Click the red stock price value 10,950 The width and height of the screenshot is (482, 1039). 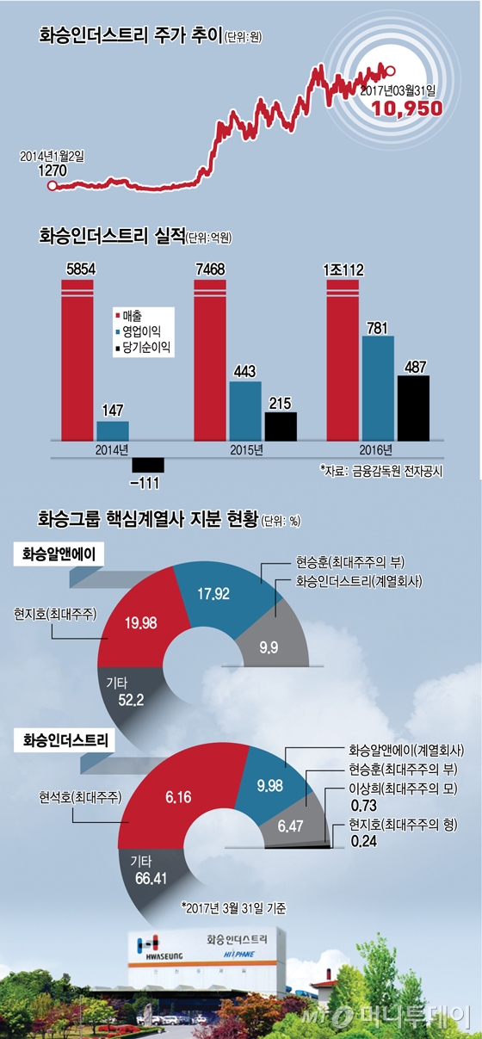coord(407,108)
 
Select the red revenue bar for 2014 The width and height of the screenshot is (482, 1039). coord(77,362)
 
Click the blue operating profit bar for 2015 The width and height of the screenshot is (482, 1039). coord(245,410)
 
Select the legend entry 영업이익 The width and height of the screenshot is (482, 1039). coord(143,331)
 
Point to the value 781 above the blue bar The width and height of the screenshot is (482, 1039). coord(379,326)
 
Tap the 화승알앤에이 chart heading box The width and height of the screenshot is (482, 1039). coord(59,556)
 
